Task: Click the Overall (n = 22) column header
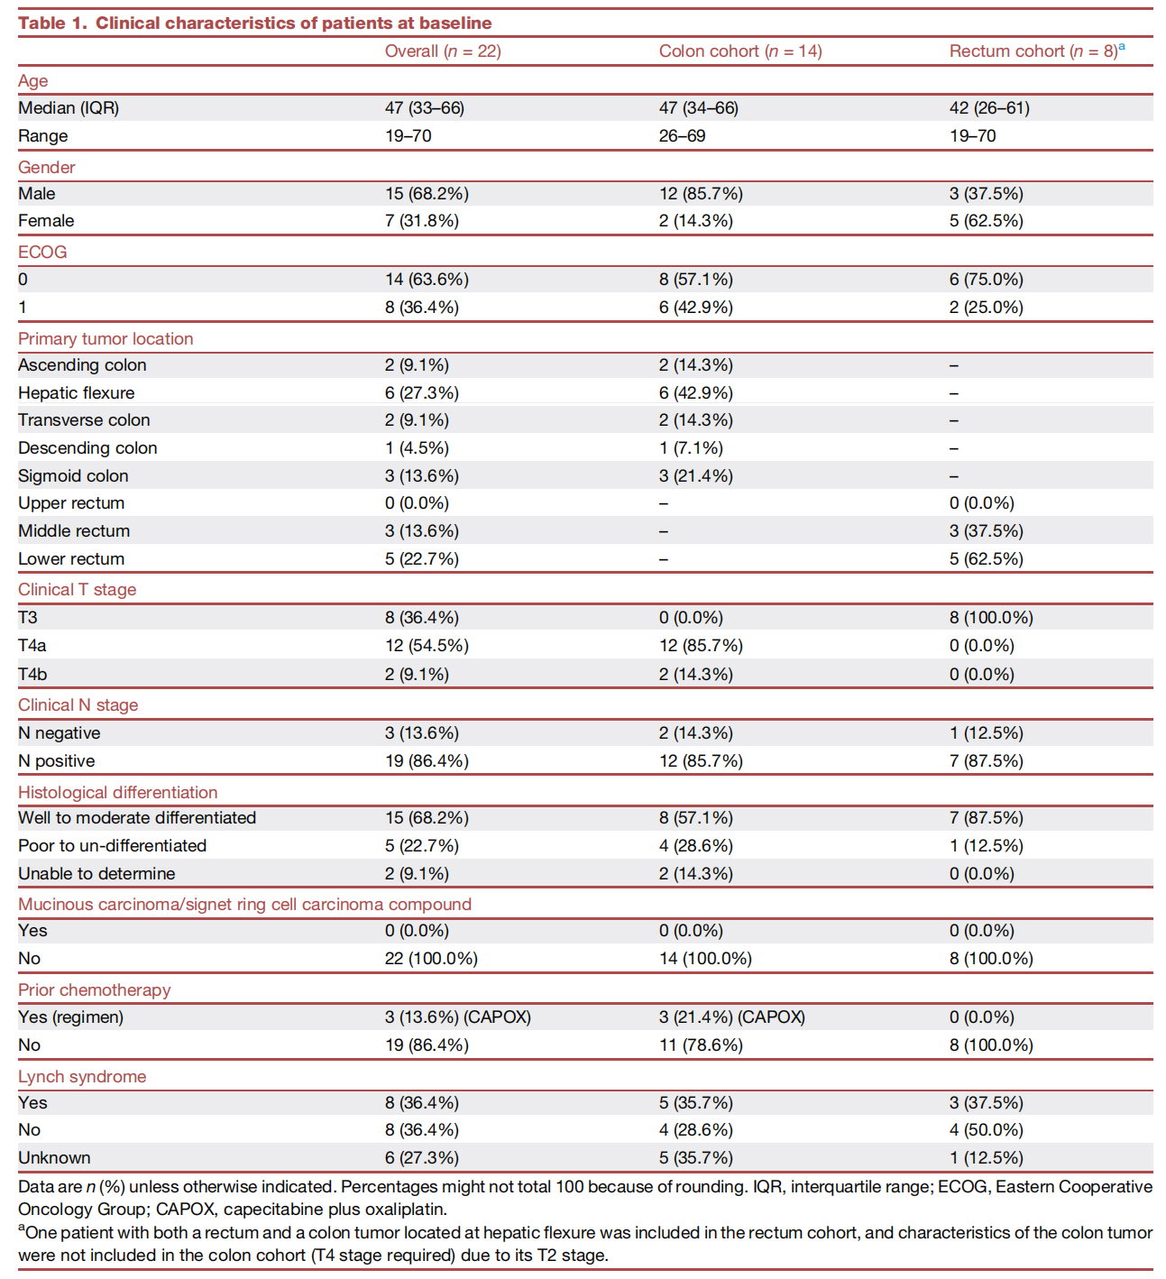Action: click(443, 51)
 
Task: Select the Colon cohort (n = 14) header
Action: click(740, 51)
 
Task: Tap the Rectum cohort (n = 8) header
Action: click(1036, 51)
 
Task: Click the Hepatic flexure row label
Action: click(77, 392)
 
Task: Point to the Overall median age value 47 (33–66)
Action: click(425, 107)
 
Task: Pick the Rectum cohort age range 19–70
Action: click(973, 136)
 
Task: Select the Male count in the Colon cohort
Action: click(701, 194)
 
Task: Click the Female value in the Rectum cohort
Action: click(987, 221)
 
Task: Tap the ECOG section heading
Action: click(42, 252)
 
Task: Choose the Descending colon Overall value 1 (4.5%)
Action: click(417, 448)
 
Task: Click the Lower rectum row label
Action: click(71, 558)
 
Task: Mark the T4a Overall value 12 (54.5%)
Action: click(427, 645)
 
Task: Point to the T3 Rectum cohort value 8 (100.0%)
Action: click(991, 617)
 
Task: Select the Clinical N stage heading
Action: click(78, 704)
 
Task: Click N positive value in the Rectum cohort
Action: click(987, 760)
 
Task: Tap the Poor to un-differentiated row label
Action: click(112, 845)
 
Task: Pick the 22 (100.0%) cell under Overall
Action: click(431, 958)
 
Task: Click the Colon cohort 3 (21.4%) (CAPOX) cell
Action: click(732, 1017)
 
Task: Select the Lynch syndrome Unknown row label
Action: click(54, 1158)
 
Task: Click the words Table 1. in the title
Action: click(53, 23)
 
